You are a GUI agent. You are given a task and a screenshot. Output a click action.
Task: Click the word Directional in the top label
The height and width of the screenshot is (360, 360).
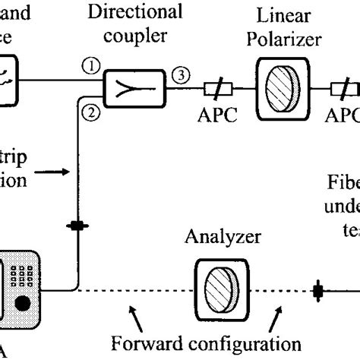[134, 11]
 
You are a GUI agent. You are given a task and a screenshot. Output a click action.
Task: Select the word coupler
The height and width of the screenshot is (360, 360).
[134, 36]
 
